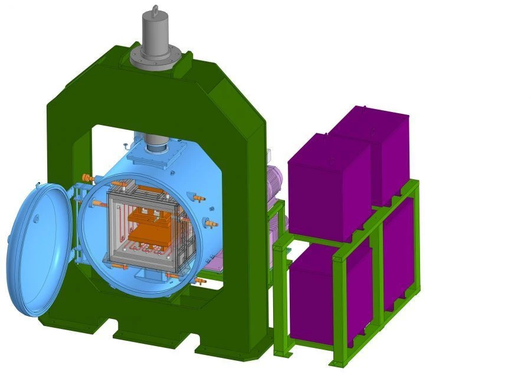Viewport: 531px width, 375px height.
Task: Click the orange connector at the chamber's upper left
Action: coord(88,177)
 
